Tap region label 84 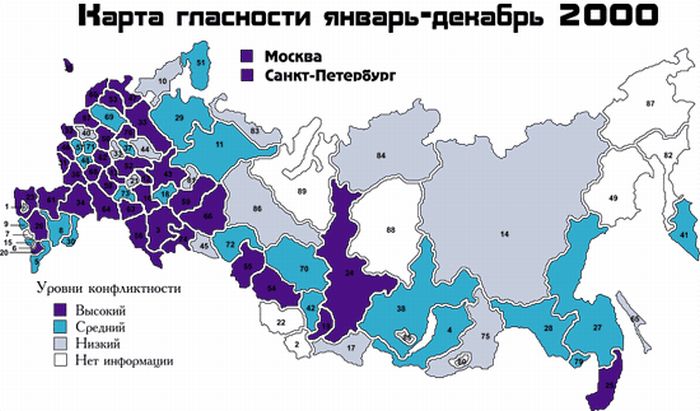coord(381,156)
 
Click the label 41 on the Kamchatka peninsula coord(684,234)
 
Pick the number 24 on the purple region coord(350,272)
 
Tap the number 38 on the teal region coord(401,309)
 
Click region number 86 coord(257,208)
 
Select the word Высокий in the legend coord(100,310)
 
